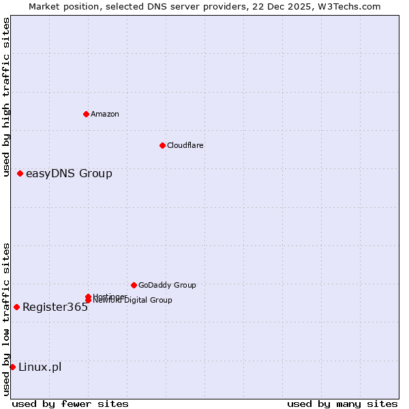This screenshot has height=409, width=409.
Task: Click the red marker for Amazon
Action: point(86,114)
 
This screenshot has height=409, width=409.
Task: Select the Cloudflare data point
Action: point(162,145)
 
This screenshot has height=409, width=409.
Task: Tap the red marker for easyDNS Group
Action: point(20,174)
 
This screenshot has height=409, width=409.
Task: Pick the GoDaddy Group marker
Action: point(134,285)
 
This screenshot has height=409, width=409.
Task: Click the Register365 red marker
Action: point(16,307)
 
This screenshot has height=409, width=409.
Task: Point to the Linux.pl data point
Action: point(12,367)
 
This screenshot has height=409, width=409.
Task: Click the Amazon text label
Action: point(104,114)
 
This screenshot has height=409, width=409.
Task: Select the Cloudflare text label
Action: point(185,145)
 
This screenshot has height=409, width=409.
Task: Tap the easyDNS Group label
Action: point(69,174)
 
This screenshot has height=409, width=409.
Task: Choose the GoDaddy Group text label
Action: point(167,285)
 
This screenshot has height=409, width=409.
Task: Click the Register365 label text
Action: point(55,307)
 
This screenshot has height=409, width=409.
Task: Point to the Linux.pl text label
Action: point(40,367)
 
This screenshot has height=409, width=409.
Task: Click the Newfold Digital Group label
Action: point(134,301)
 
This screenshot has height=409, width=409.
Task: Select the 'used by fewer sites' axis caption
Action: point(70,404)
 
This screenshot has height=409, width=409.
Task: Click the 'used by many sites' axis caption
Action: point(342,404)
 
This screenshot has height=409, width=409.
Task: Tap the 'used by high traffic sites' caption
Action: point(6,97)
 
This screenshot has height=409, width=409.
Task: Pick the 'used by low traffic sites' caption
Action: point(6,319)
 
